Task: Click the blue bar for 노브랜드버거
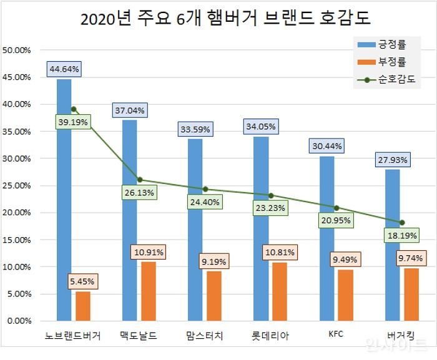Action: [64, 200]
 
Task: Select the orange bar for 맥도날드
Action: [149, 291]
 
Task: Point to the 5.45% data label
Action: [83, 281]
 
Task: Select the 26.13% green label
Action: [139, 193]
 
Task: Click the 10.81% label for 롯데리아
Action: [280, 253]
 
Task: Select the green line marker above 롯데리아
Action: [270, 195]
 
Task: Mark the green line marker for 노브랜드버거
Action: [74, 109]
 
